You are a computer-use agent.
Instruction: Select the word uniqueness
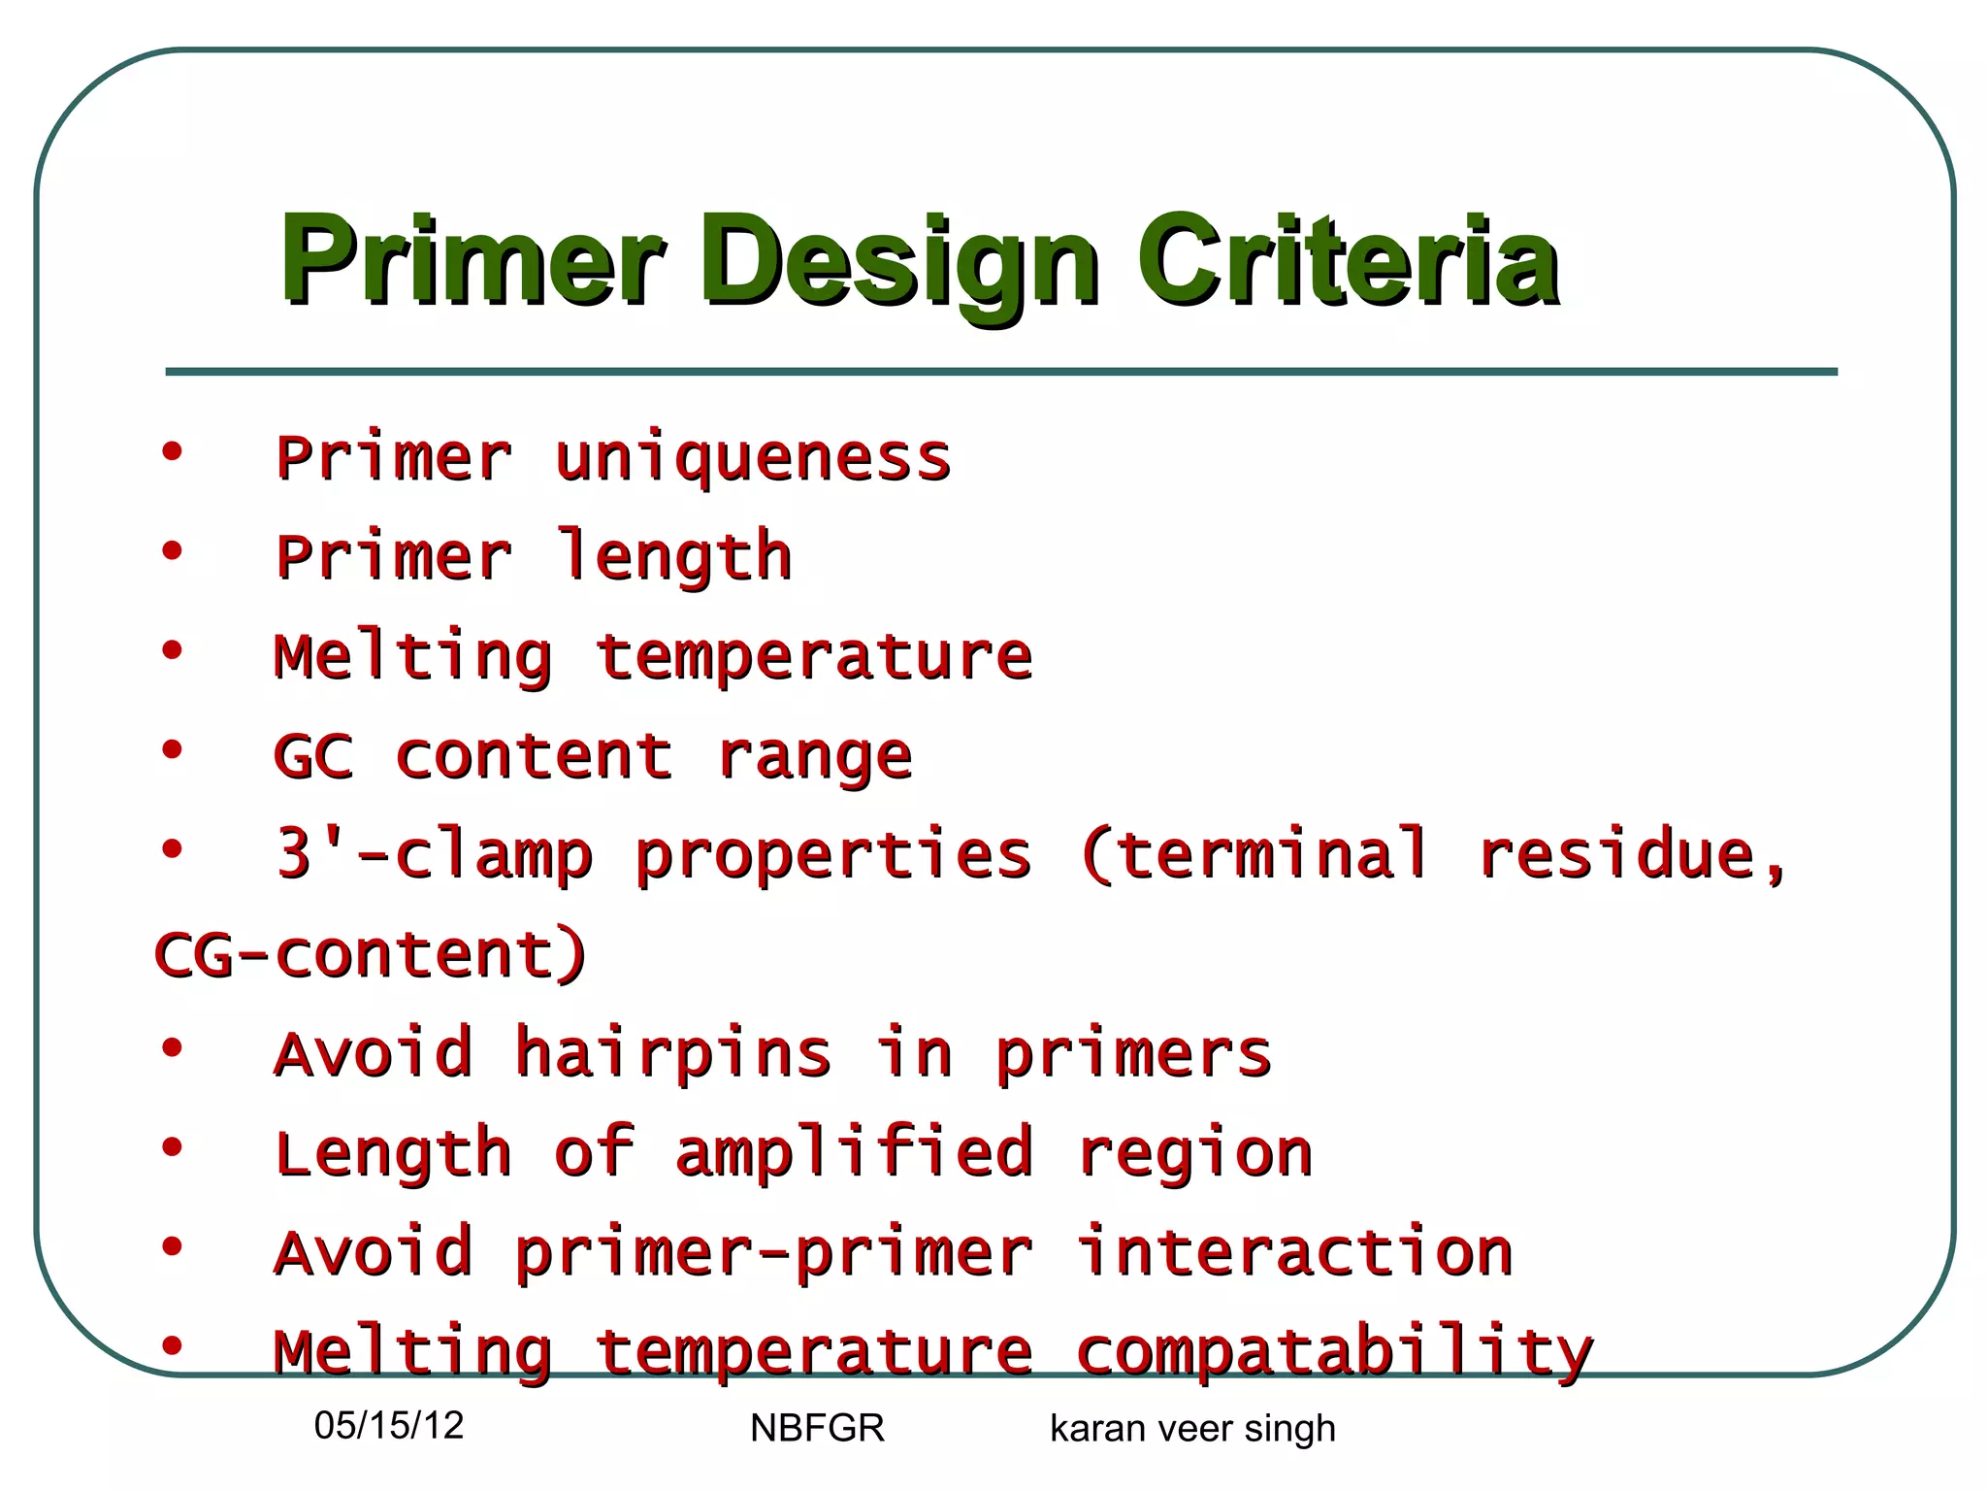click(x=752, y=458)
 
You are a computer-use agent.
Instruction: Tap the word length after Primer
click(x=674, y=557)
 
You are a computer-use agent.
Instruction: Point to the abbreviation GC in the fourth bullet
click(x=313, y=755)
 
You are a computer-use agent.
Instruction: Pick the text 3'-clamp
click(x=434, y=855)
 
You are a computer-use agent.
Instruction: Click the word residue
click(x=1630, y=855)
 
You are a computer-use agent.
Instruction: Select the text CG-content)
click(x=371, y=954)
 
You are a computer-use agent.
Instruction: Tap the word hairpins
click(x=672, y=1054)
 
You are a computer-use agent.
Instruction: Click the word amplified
click(x=854, y=1153)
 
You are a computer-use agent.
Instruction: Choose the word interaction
click(x=1295, y=1252)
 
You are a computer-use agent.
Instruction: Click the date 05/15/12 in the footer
click(x=389, y=1425)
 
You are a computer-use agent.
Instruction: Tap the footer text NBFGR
click(x=817, y=1428)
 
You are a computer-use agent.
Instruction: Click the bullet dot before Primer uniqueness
click(x=172, y=452)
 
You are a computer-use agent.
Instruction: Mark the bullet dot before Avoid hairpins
click(x=172, y=1048)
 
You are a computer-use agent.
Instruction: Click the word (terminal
click(x=1254, y=855)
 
